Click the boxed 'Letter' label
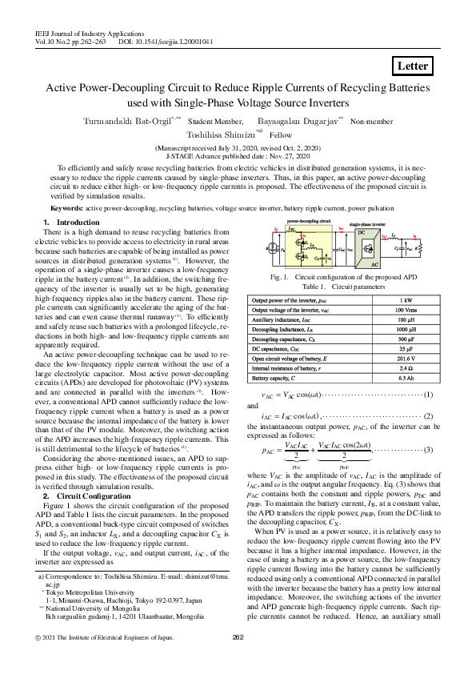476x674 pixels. click(x=414, y=66)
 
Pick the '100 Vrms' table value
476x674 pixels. click(x=404, y=309)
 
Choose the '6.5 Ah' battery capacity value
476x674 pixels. click(x=404, y=376)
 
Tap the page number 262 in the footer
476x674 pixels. click(x=238, y=660)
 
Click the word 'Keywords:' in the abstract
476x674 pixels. click(x=67, y=207)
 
